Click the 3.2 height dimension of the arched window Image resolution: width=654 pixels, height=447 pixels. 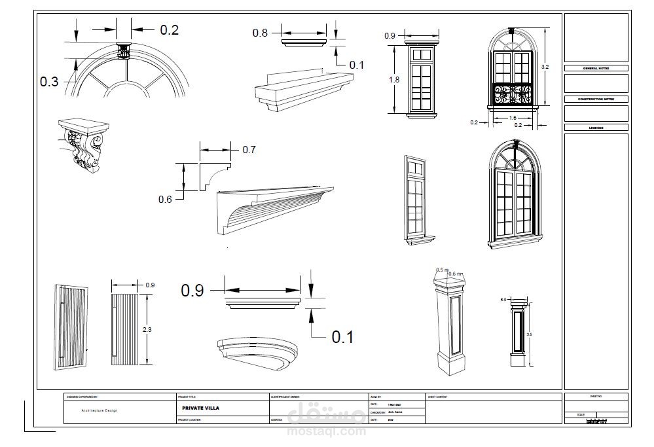(x=545, y=67)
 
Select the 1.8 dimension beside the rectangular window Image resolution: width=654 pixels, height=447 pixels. (x=393, y=79)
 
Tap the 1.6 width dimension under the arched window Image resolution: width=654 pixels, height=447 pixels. (x=513, y=118)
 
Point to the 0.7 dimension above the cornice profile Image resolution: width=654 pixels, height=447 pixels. (x=249, y=150)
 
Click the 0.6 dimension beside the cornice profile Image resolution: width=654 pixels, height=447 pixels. (x=165, y=199)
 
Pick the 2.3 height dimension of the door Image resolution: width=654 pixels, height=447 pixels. (x=147, y=330)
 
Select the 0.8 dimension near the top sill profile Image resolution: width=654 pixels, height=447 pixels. (x=260, y=33)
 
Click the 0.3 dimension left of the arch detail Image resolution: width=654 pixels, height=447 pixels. (x=49, y=82)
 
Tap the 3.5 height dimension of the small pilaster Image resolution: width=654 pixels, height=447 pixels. (x=529, y=334)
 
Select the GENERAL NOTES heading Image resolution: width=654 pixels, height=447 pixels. (x=596, y=68)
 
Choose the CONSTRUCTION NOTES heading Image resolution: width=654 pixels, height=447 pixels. (x=596, y=99)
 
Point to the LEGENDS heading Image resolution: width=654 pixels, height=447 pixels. (x=596, y=128)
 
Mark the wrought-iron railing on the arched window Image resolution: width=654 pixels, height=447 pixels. (x=513, y=94)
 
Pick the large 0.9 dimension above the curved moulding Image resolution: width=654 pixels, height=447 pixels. (x=192, y=290)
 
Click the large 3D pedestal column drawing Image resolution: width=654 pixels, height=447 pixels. (x=451, y=323)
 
